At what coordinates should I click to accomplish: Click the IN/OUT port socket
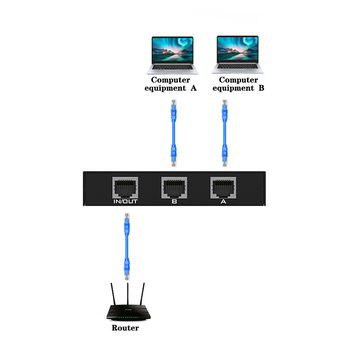[125, 188]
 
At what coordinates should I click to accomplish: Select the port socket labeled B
[174, 188]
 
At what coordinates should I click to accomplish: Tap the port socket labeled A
[223, 188]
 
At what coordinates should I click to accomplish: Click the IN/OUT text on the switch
[126, 202]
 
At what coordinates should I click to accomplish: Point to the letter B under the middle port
[174, 202]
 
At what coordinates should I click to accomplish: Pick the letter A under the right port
[223, 202]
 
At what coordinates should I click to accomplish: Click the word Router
[125, 328]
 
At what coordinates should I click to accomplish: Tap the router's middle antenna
[128, 294]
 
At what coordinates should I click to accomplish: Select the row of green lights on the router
[129, 318]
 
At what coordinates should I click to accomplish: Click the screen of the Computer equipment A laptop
[172, 49]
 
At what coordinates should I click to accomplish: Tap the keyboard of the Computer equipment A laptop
[173, 67]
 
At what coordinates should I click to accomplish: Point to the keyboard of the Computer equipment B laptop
[238, 66]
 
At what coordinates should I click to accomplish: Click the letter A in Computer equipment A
[193, 88]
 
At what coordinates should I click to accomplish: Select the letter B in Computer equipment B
[261, 88]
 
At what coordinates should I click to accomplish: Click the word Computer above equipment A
[171, 80]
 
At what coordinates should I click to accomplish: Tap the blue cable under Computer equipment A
[174, 133]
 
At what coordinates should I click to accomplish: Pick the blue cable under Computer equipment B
[225, 133]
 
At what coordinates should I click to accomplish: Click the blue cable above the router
[127, 247]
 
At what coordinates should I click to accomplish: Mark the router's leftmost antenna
[113, 294]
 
